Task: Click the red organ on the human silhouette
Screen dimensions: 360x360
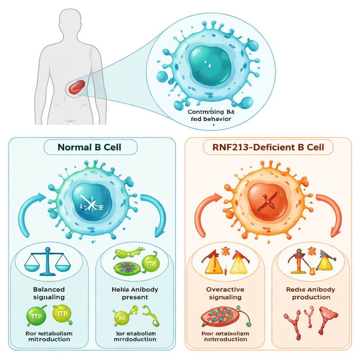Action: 77,86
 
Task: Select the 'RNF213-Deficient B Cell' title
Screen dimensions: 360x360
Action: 268,147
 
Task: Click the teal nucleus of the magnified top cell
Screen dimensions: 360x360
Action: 210,65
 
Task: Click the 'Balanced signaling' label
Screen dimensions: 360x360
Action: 49,293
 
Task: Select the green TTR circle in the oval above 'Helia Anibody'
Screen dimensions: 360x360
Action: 150,263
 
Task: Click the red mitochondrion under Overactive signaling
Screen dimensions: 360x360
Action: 220,315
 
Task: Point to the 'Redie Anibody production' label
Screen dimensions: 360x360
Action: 311,293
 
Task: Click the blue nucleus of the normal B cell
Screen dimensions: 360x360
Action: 91,202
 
